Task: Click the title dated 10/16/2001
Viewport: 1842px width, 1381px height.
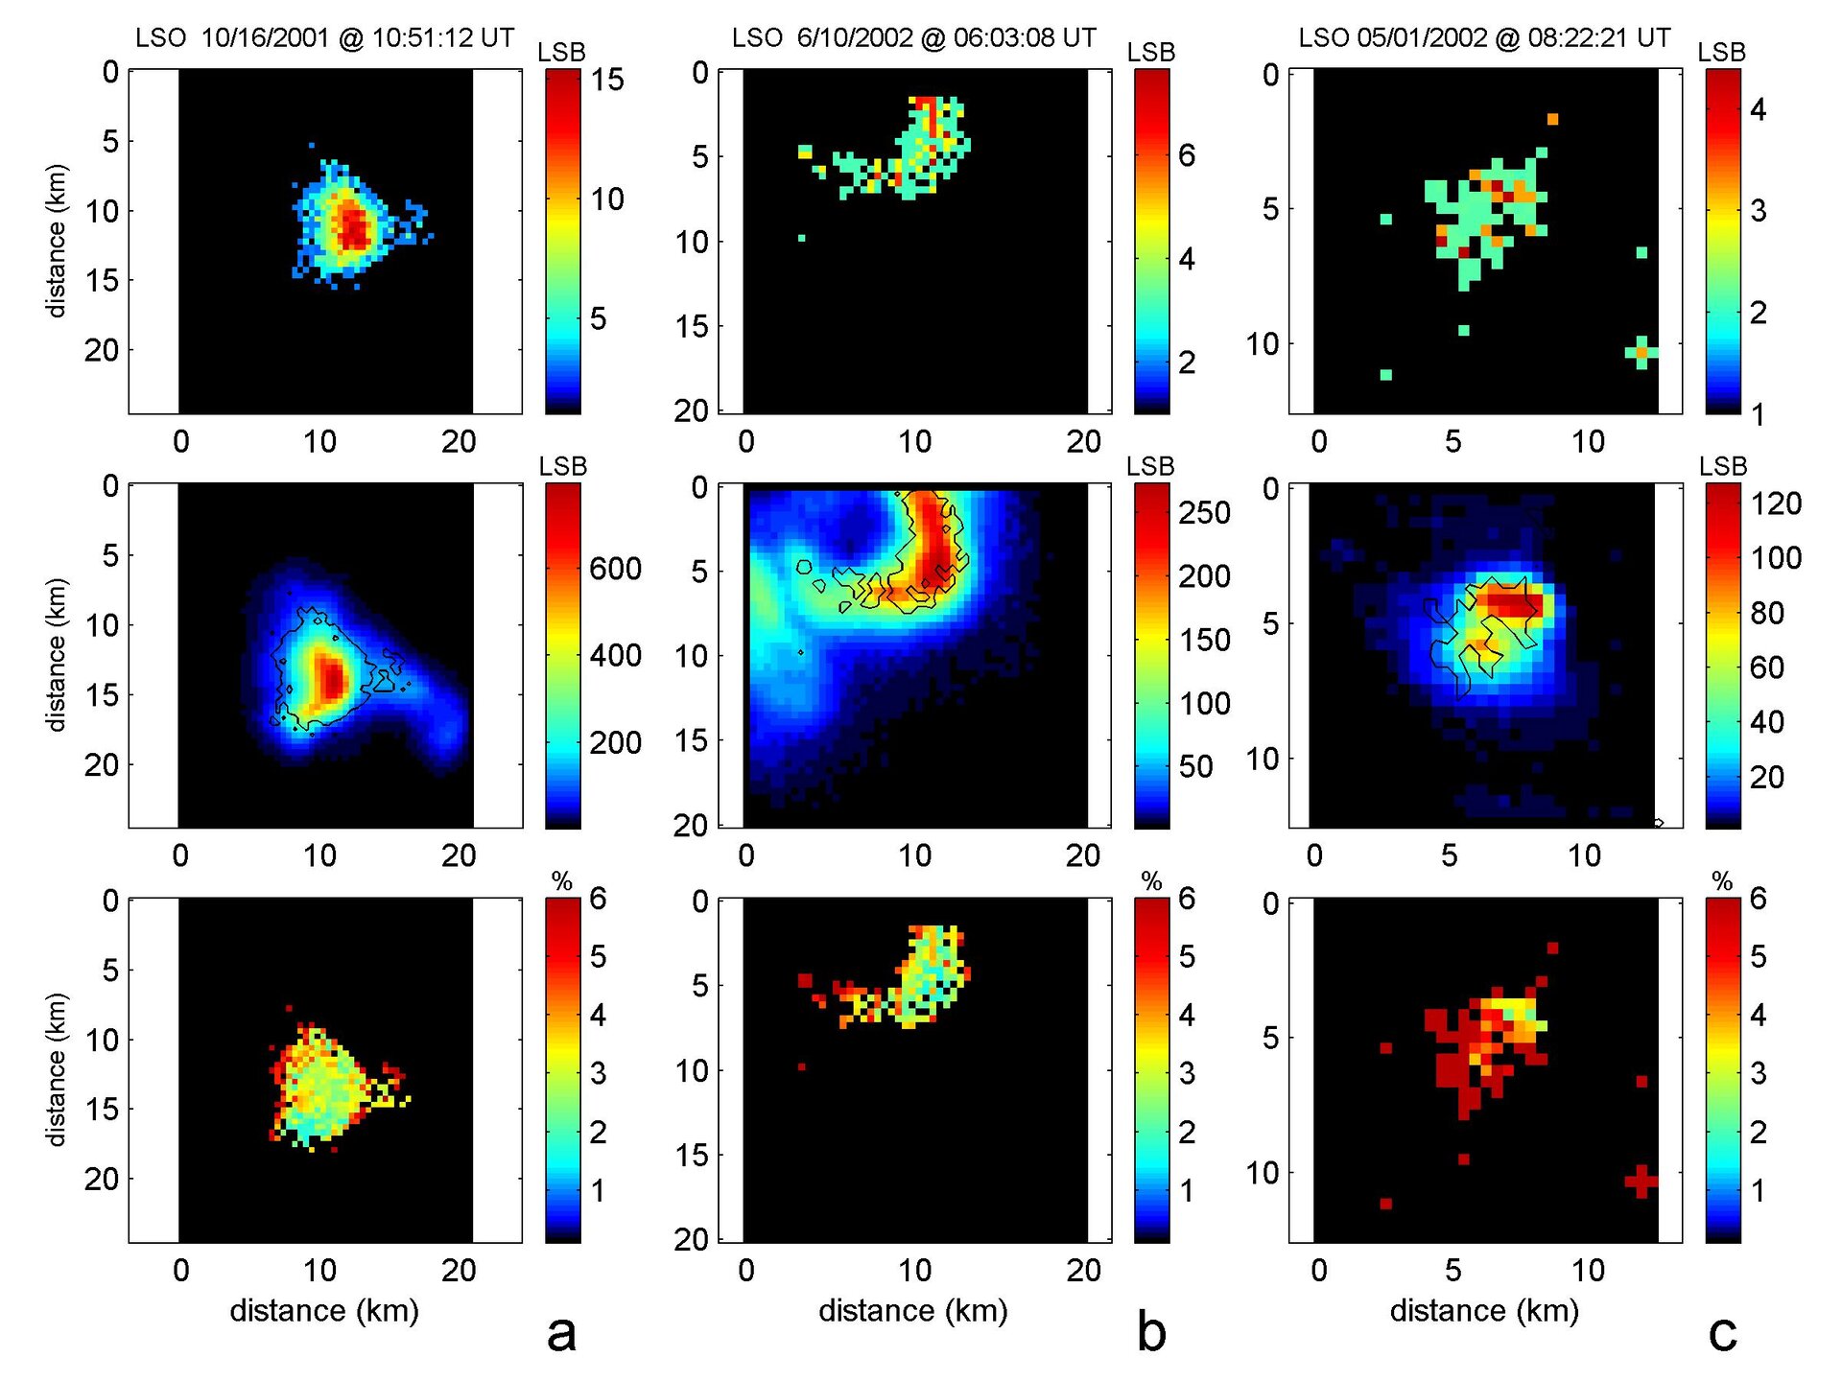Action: (x=324, y=38)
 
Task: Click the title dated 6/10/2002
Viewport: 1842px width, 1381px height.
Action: (x=913, y=38)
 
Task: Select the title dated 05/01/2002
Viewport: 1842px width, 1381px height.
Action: (x=1484, y=38)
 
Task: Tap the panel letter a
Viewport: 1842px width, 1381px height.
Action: (x=561, y=1332)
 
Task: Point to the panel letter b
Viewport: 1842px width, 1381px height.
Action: (x=1150, y=1332)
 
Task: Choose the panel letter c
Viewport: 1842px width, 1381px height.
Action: (x=1722, y=1332)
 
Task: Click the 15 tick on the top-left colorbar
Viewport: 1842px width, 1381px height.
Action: (x=606, y=80)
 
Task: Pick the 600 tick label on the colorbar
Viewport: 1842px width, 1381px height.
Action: (x=615, y=569)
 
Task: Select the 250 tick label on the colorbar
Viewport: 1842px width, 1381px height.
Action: (x=1204, y=513)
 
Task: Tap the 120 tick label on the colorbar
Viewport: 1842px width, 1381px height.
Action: (x=1776, y=503)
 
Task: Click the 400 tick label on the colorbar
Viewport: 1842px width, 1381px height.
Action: (x=615, y=656)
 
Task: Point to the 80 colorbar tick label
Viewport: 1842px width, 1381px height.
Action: (x=1767, y=613)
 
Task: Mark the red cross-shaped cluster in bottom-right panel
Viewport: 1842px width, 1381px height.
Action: (x=1641, y=1181)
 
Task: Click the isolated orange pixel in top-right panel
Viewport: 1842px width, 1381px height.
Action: (x=1552, y=119)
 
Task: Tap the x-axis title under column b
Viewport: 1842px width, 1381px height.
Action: (x=913, y=1310)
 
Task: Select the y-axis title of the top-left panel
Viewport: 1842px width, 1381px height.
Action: (x=57, y=241)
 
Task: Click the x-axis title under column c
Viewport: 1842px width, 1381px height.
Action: (x=1484, y=1310)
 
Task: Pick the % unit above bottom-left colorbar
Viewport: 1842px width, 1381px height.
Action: (x=562, y=881)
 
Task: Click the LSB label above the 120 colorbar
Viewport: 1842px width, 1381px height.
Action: (x=1723, y=467)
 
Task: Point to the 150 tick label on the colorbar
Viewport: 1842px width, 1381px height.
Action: (x=1204, y=640)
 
